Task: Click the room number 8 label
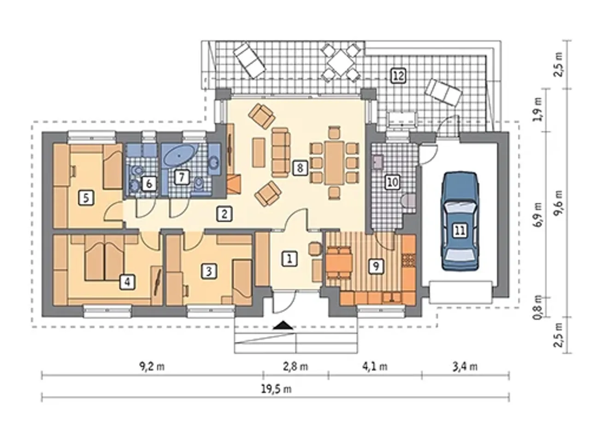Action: [300, 168]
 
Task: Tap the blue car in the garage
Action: [460, 221]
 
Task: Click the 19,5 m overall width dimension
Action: [276, 389]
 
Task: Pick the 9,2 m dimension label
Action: [152, 367]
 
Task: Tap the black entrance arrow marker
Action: [283, 325]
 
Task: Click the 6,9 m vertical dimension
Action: [539, 214]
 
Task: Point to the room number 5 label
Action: [86, 198]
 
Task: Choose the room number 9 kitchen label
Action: [376, 266]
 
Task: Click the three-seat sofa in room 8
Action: [281, 152]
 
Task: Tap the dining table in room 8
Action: [335, 163]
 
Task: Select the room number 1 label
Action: [289, 258]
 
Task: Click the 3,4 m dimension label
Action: [465, 367]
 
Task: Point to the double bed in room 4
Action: [104, 257]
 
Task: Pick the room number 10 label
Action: [393, 182]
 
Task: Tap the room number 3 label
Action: [209, 271]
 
